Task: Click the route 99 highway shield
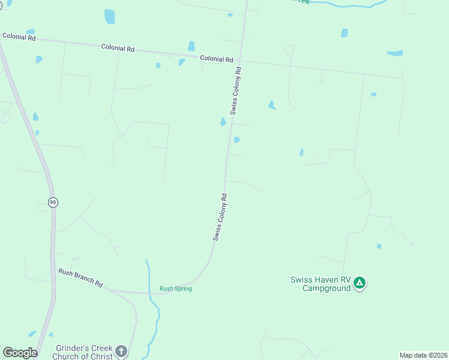53,202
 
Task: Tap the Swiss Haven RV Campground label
320,283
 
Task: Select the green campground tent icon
359,283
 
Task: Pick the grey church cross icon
121,351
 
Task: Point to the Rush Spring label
175,289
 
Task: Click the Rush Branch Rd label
80,277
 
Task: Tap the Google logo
20,353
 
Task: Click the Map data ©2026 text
423,355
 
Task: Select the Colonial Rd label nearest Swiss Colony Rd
216,59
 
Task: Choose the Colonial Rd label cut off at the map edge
19,37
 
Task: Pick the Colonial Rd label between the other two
118,47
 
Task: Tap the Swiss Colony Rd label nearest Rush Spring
220,217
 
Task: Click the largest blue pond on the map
110,17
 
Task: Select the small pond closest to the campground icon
379,246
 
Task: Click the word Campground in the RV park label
327,289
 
